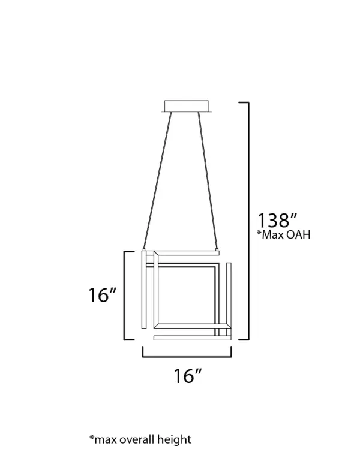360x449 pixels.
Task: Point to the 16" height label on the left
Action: [x=101, y=296]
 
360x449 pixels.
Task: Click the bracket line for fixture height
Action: [x=125, y=295]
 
